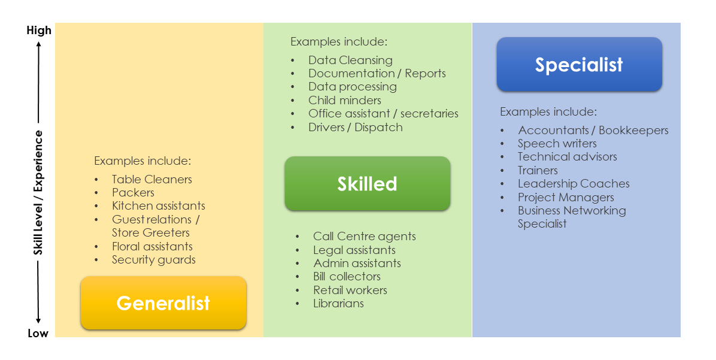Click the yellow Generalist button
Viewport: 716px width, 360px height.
[163, 302]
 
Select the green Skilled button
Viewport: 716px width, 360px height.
[368, 183]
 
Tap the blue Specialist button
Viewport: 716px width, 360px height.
[580, 65]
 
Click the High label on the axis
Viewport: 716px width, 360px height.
[39, 30]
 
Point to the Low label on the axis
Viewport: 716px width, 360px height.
[38, 333]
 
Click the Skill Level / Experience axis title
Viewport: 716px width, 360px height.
[38, 192]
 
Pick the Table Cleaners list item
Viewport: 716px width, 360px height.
[152, 179]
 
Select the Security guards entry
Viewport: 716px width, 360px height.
[154, 260]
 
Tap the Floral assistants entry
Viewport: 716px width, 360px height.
[153, 246]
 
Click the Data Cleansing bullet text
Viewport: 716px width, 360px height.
[350, 60]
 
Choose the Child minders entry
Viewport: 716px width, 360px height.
[345, 100]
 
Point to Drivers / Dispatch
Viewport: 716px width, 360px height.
[356, 127]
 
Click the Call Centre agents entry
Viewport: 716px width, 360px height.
[365, 236]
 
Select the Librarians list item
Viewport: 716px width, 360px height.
[338, 303]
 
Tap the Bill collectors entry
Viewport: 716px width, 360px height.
[347, 276]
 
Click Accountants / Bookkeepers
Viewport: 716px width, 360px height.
[593, 130]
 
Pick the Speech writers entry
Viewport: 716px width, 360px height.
[557, 143]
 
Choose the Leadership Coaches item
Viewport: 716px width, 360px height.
[574, 184]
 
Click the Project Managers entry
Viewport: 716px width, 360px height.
[566, 197]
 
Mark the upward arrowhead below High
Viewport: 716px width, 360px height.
[38, 44]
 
